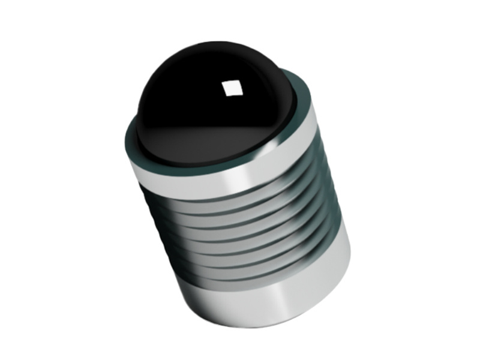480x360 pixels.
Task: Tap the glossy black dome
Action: [198, 90]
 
